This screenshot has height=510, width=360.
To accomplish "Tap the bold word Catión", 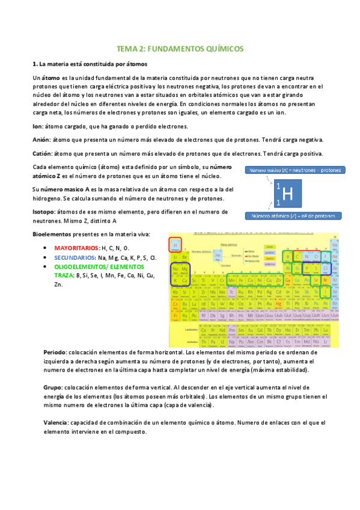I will coord(43,153).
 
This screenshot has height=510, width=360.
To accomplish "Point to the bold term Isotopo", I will coord(44,212).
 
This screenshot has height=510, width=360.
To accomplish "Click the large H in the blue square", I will coord(287,194).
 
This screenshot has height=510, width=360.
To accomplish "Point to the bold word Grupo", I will coord(53,388).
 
